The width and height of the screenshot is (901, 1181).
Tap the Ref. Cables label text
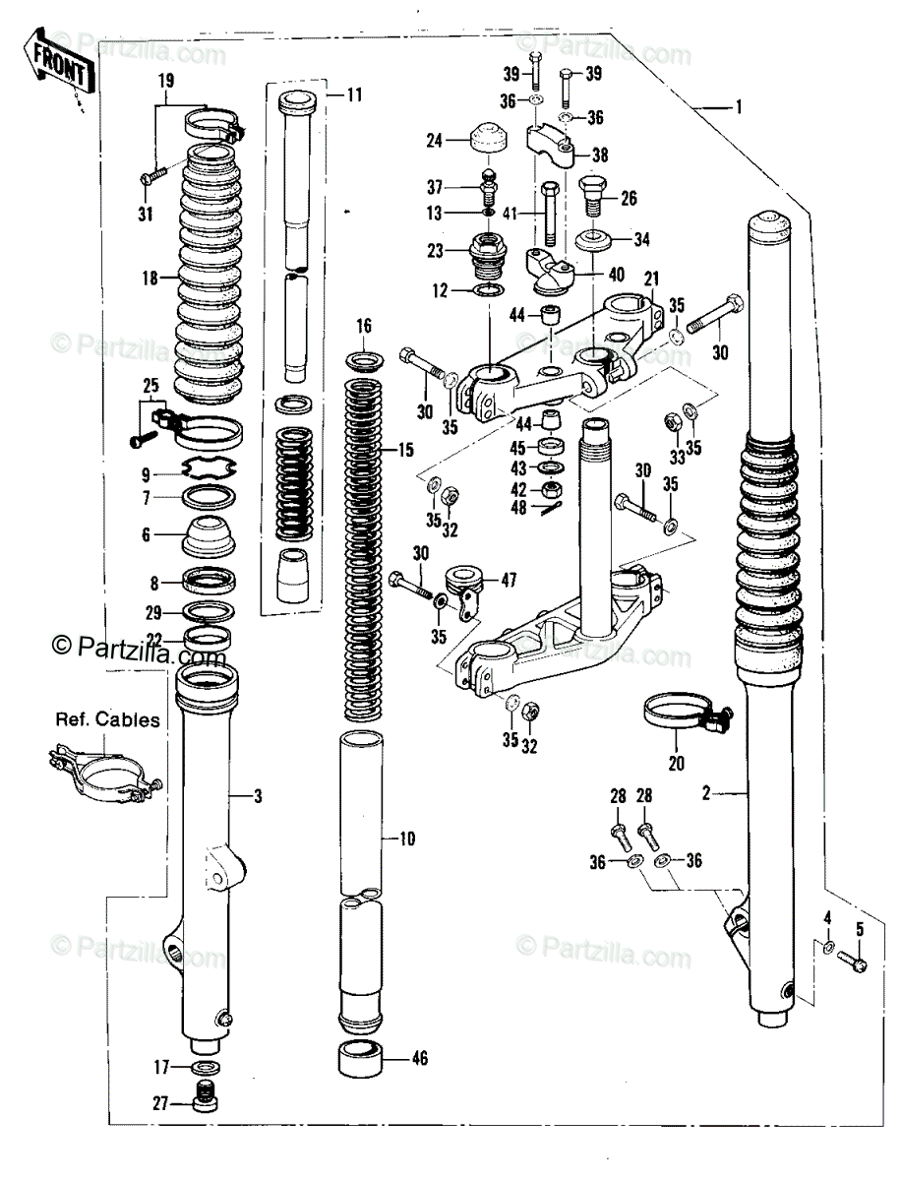(107, 719)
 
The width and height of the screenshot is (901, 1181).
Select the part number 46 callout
(419, 1058)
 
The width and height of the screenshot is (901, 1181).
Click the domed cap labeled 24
(489, 139)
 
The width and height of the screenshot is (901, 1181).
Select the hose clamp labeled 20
(688, 712)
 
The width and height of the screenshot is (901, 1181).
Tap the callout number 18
(150, 278)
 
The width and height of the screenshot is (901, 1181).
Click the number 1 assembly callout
(739, 106)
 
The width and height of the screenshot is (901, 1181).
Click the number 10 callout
(406, 839)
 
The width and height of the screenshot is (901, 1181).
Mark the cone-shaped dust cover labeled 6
(209, 535)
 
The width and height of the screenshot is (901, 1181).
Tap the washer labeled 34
(593, 239)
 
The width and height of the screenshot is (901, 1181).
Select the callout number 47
(508, 580)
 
